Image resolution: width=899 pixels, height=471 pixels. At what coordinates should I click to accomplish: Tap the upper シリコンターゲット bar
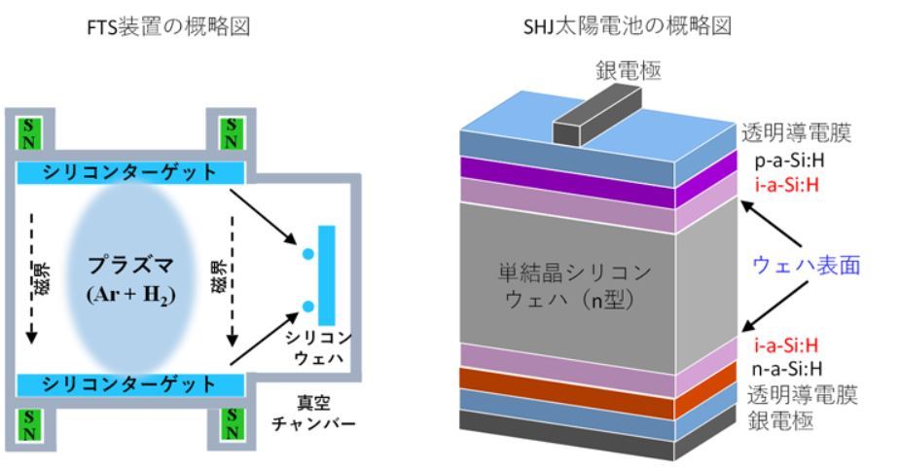pos(130,172)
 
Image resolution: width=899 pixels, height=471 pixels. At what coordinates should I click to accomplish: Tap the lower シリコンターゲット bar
pos(130,384)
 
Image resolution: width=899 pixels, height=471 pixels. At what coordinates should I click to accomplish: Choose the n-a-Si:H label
pos(782,368)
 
